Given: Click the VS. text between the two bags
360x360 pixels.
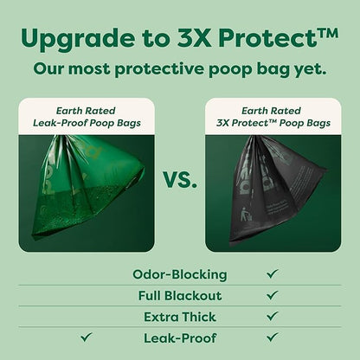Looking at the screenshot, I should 179,182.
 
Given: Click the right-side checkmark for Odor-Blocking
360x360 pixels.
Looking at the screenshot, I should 273,274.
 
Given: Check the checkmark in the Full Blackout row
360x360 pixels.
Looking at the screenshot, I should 273,295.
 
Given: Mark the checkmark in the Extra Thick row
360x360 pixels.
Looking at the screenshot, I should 273,316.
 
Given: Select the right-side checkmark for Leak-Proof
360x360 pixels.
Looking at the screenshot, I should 273,337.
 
